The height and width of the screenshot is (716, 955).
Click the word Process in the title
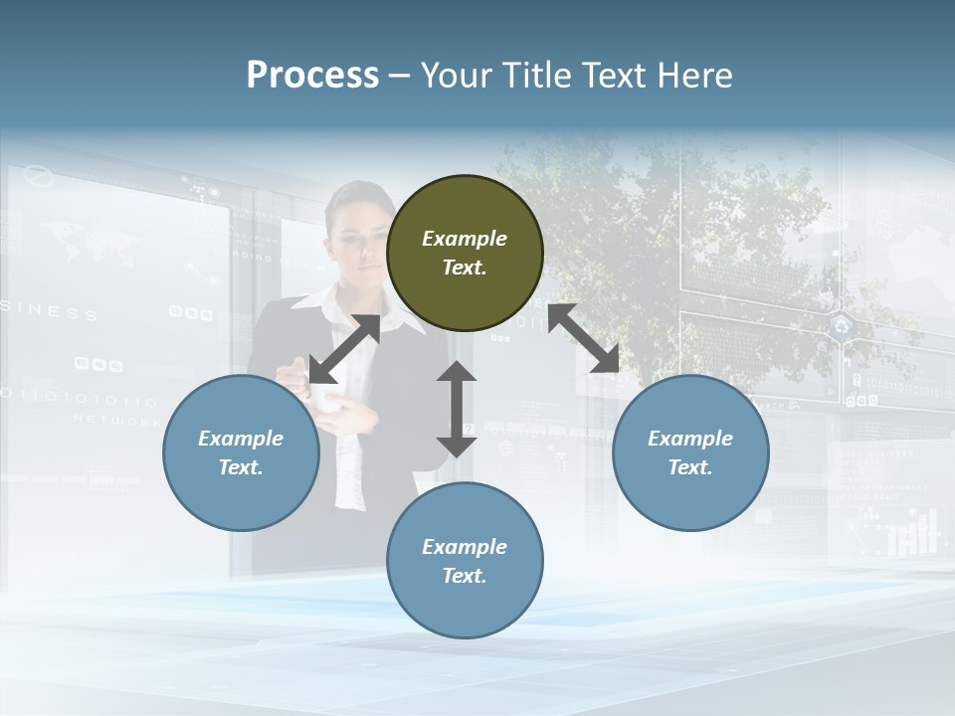(x=312, y=76)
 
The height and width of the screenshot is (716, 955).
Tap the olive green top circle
(x=465, y=253)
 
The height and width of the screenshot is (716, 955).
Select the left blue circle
(x=241, y=452)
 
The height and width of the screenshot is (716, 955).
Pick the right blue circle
(x=690, y=452)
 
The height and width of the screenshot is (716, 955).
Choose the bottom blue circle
(x=465, y=560)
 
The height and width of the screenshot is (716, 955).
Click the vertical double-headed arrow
(x=457, y=409)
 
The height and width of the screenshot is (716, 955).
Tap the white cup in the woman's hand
(x=326, y=395)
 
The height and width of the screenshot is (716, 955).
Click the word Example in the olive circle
(x=465, y=239)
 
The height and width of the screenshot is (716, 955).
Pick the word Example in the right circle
(x=690, y=439)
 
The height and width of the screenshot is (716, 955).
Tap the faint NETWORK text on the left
(x=116, y=421)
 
